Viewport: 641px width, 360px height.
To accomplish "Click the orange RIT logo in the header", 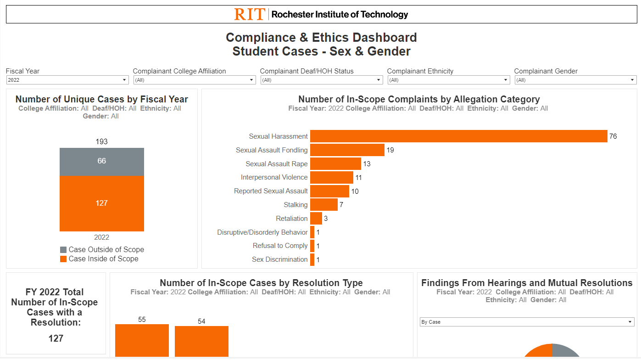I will click(250, 14).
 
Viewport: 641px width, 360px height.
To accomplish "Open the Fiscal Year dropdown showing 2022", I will click(67, 80).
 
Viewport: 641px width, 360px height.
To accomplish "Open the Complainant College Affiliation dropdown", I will click(194, 80).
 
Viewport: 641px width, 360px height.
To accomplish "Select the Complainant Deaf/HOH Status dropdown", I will click(321, 80).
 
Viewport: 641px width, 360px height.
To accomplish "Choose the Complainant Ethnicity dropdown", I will click(448, 80).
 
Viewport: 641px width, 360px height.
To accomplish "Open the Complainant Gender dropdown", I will click(575, 80).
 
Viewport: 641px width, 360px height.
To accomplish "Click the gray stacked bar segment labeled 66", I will click(101, 162).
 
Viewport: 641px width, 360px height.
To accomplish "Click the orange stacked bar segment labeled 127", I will click(101, 203).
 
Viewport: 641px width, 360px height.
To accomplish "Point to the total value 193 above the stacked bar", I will click(101, 141).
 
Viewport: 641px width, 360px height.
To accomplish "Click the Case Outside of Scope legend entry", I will click(102, 250).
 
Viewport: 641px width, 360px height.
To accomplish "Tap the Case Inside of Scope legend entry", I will click(99, 259).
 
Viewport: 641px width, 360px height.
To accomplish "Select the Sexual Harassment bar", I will click(458, 136).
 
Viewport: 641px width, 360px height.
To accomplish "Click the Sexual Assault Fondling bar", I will click(347, 150).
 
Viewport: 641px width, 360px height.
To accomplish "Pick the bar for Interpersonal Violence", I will click(331, 177).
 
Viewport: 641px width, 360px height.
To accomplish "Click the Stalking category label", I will click(295, 205).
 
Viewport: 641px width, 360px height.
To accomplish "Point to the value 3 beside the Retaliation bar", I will click(326, 219).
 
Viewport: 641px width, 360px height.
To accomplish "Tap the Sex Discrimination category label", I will click(279, 259).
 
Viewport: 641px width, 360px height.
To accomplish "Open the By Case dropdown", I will click(527, 322).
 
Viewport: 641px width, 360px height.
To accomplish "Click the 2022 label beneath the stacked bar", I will click(101, 237).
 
